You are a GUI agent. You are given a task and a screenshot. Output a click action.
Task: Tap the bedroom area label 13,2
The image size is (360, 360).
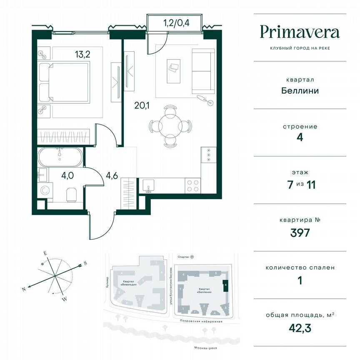coord(82,54)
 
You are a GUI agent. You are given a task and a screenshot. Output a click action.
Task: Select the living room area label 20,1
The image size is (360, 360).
coord(142,105)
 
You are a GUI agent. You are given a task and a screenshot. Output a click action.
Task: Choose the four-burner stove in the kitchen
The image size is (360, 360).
coord(192,185)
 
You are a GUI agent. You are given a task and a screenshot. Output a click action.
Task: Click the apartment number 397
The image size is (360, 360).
coord(300,232)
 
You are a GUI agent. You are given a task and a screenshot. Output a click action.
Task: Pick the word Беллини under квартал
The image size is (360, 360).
coord(300,90)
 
